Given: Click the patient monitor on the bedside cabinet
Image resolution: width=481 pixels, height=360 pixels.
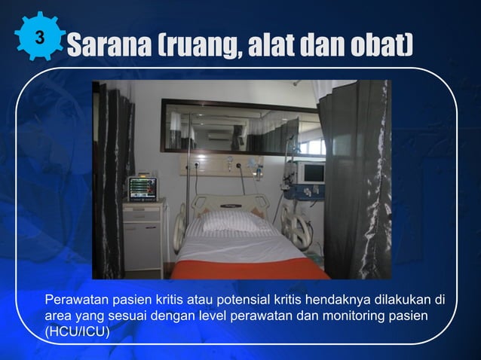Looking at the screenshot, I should click(x=142, y=187).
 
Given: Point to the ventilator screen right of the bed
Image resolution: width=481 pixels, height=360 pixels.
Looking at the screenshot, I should click(x=311, y=172).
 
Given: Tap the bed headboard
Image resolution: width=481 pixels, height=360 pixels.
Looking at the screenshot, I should click(x=230, y=203).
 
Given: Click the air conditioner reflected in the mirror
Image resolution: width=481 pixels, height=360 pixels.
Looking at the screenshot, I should click(x=221, y=136).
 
